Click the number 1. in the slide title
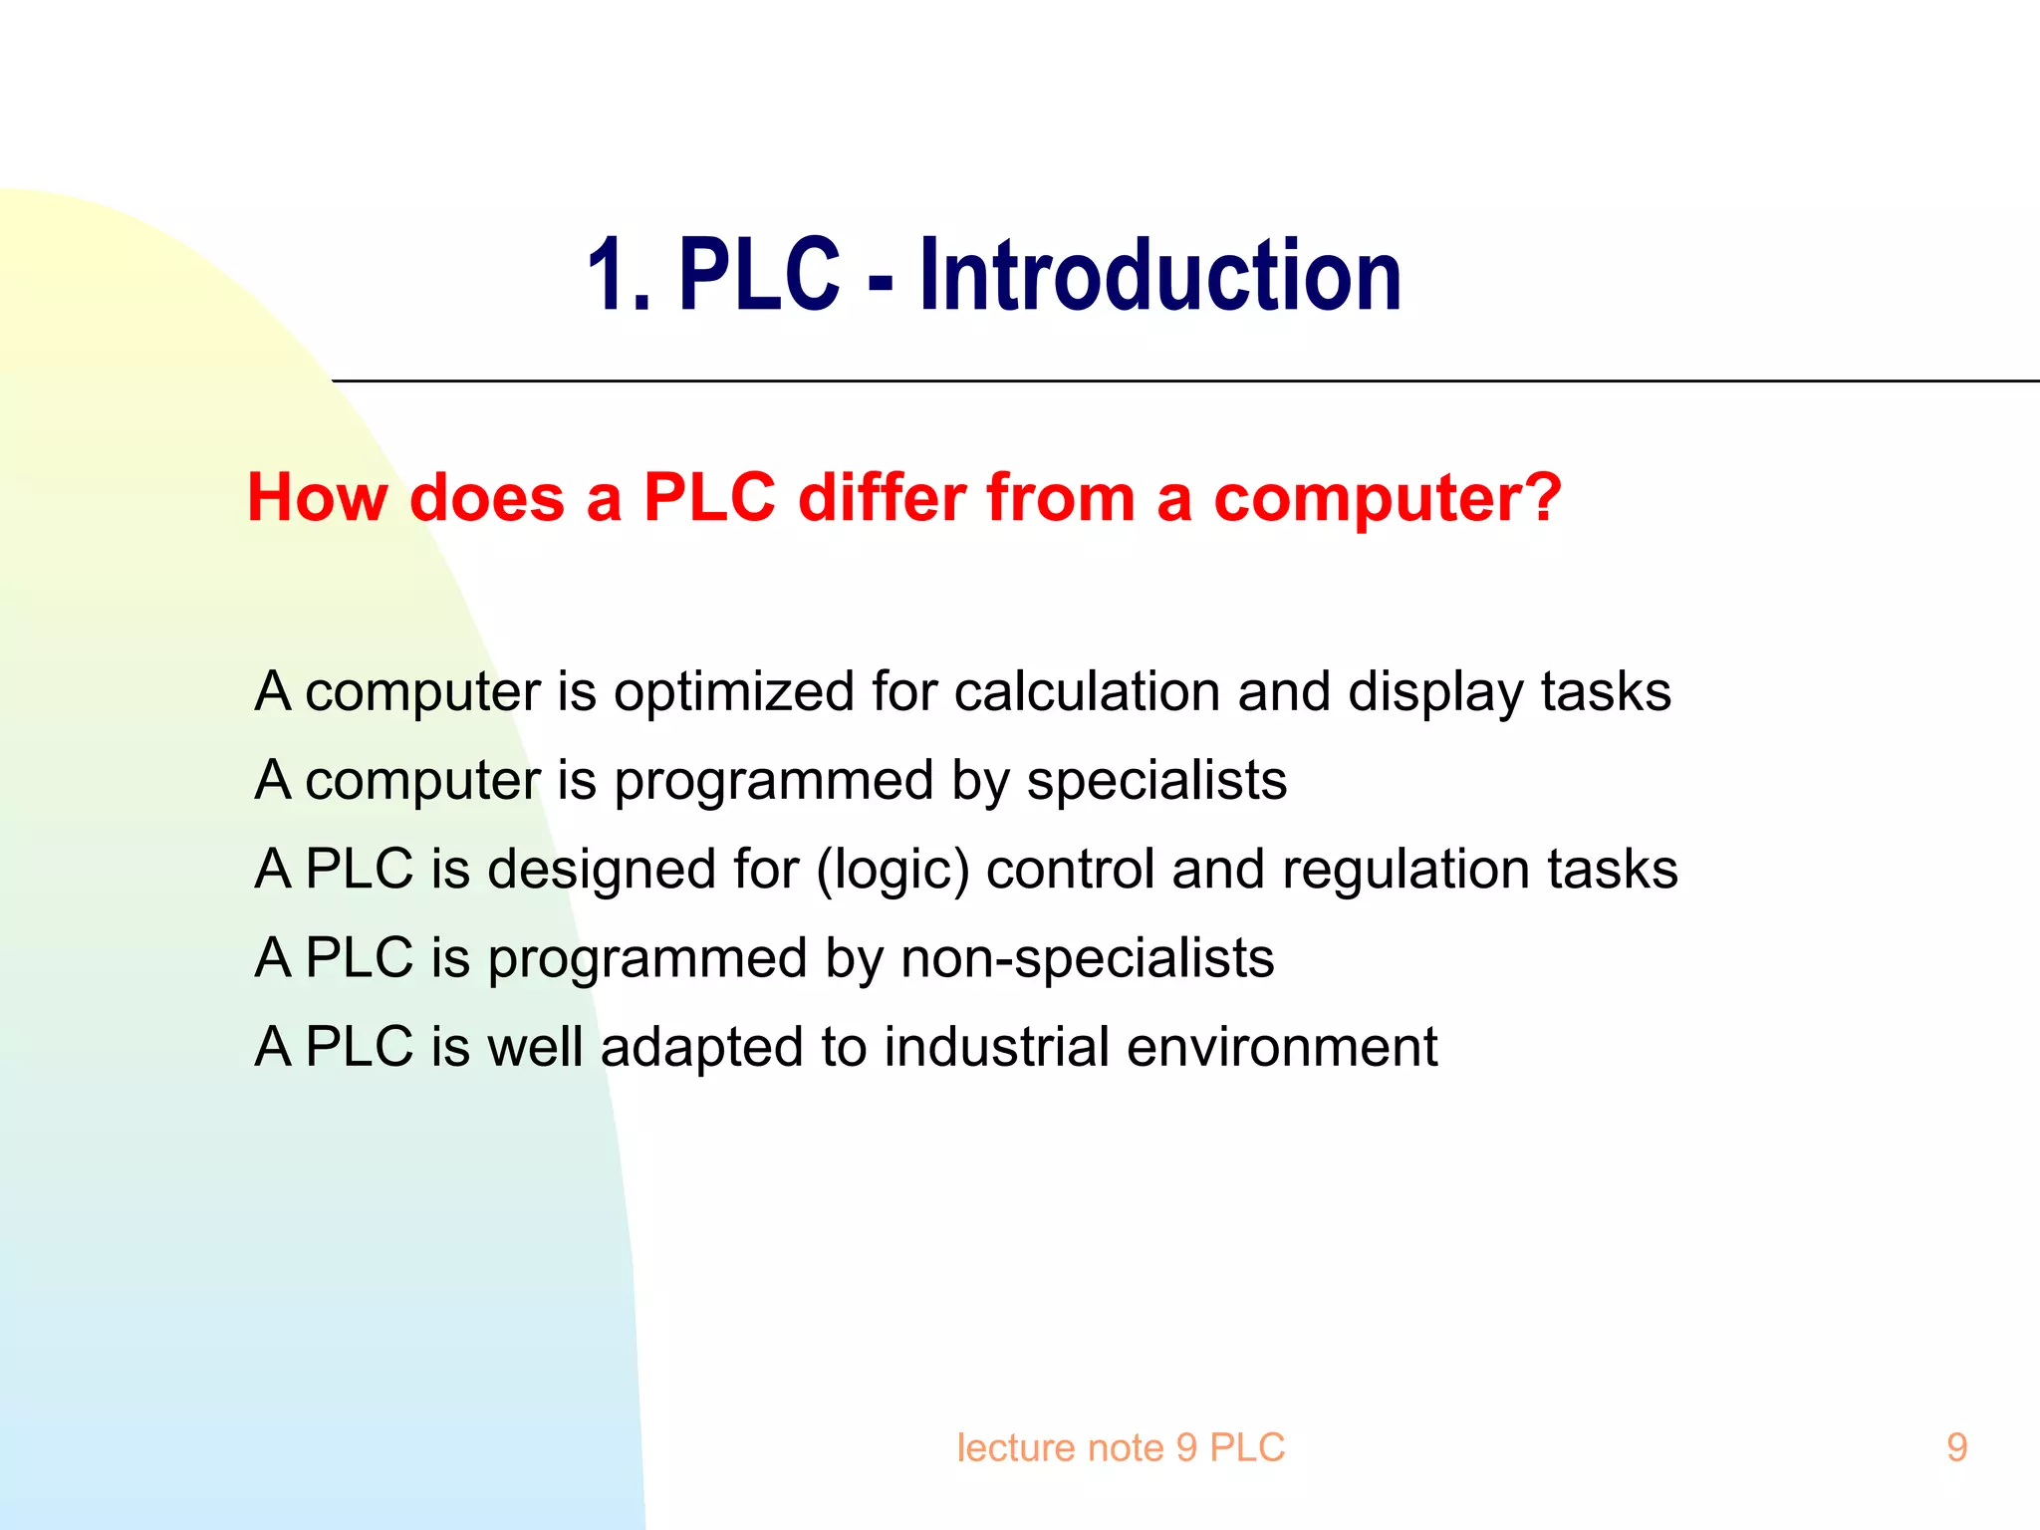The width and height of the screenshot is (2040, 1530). point(618,276)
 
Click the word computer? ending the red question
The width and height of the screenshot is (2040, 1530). point(1388,498)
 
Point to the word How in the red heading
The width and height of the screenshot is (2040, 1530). point(317,497)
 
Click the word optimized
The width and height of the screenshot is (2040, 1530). point(734,692)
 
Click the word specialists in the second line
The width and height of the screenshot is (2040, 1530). point(1156,780)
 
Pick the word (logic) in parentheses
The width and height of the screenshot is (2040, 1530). point(892,870)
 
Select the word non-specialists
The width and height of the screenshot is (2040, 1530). point(1087,958)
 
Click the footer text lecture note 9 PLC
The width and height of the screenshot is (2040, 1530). point(1121,1447)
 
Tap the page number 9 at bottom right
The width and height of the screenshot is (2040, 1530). point(1956,1447)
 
